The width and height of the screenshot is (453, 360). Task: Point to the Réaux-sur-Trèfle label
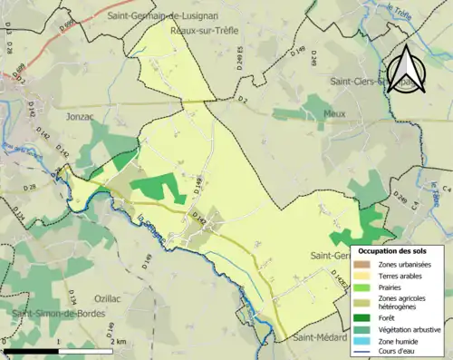click(205, 30)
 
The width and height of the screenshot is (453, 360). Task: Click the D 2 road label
click(243, 100)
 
